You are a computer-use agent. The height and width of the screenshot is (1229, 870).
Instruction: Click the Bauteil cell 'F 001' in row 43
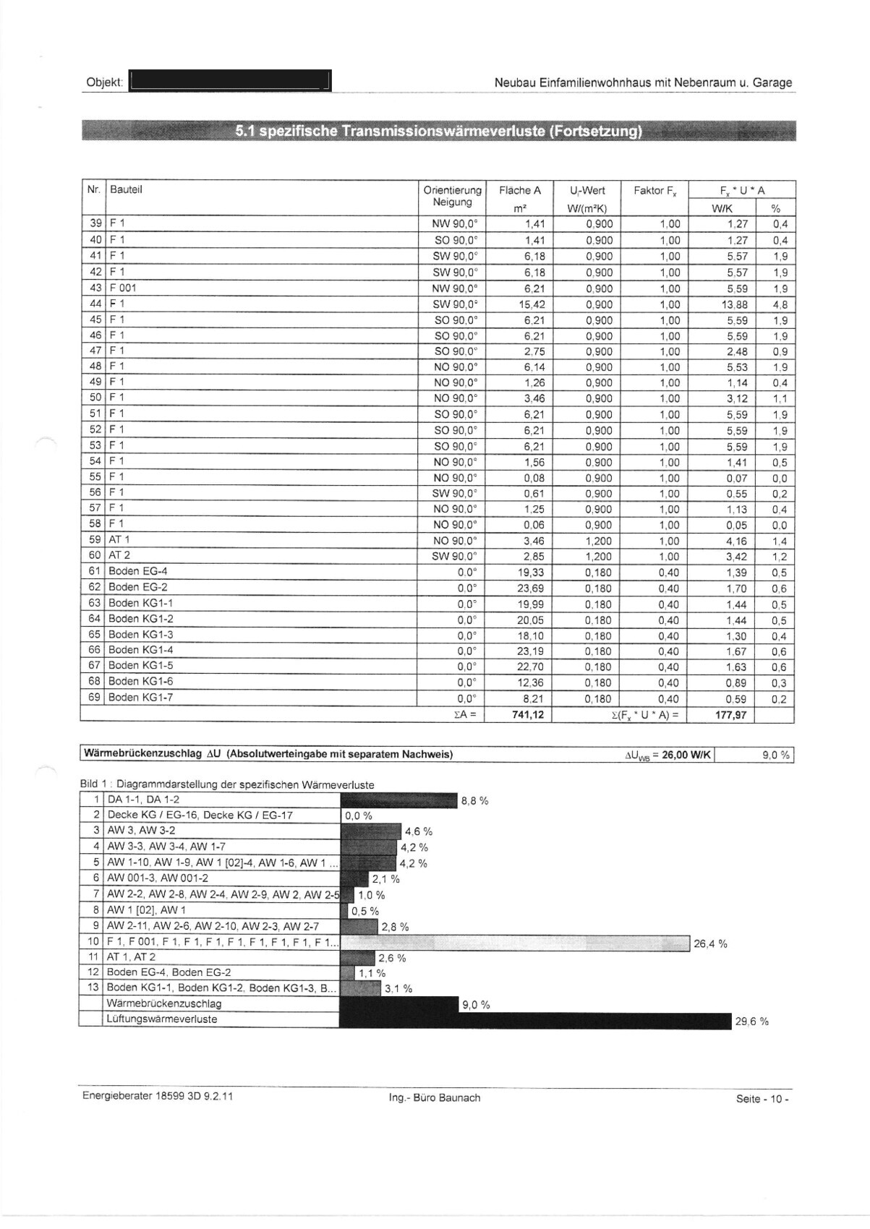(122, 288)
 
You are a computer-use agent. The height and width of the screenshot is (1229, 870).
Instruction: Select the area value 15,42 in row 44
(531, 304)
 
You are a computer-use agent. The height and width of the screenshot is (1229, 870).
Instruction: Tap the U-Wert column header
(587, 191)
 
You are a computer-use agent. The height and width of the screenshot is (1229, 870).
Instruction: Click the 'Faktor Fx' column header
(654, 191)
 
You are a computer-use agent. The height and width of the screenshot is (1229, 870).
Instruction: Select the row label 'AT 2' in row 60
(119, 555)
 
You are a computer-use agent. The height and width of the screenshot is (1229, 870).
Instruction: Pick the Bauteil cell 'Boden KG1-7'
(140, 698)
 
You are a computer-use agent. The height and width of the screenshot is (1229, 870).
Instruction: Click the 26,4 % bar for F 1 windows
(514, 943)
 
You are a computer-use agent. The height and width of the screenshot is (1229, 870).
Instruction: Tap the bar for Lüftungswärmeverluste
(534, 1019)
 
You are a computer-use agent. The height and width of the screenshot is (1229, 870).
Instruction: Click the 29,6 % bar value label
(751, 1022)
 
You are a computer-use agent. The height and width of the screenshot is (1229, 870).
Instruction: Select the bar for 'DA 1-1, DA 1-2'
(398, 800)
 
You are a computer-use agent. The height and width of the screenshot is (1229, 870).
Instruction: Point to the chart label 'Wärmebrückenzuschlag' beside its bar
(163, 1003)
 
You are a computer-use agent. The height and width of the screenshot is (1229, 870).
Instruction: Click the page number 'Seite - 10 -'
(762, 1099)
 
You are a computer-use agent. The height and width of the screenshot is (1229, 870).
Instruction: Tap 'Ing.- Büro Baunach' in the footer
(434, 1098)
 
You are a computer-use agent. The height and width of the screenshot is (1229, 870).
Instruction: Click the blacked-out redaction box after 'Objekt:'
(229, 81)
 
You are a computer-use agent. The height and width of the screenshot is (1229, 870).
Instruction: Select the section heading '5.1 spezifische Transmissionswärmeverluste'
(438, 132)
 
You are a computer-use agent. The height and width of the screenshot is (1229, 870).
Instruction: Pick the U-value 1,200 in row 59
(599, 541)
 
